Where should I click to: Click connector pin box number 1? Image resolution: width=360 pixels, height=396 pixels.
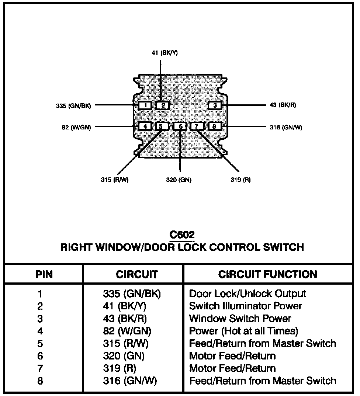coord(146,106)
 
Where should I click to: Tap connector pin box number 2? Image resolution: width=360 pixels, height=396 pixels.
coord(163,106)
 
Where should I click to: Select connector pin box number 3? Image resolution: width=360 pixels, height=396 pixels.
coord(215,106)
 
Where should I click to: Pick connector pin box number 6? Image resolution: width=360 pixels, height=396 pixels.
coord(180,126)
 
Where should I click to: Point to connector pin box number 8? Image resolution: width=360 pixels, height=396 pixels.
coord(214,126)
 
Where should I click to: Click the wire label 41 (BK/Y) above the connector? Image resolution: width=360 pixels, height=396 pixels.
coord(165,53)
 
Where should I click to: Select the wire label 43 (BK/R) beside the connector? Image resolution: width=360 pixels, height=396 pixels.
coord(283,105)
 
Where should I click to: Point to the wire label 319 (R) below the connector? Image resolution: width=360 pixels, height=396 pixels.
coord(240,180)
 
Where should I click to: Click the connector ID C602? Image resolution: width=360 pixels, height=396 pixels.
coord(182,235)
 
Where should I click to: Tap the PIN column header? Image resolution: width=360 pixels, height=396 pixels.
coord(44,274)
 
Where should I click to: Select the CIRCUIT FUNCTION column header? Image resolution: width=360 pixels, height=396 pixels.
coord(267,274)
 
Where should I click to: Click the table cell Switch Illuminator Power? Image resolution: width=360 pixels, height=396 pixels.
coord(245,306)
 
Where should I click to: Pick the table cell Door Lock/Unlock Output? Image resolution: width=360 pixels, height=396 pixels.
coord(247,294)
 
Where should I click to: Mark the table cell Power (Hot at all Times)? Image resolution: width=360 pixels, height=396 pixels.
coord(243,331)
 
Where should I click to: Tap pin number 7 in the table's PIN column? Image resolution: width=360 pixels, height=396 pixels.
coord(40,368)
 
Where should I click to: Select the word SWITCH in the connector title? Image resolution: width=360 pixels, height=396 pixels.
coord(282,247)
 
